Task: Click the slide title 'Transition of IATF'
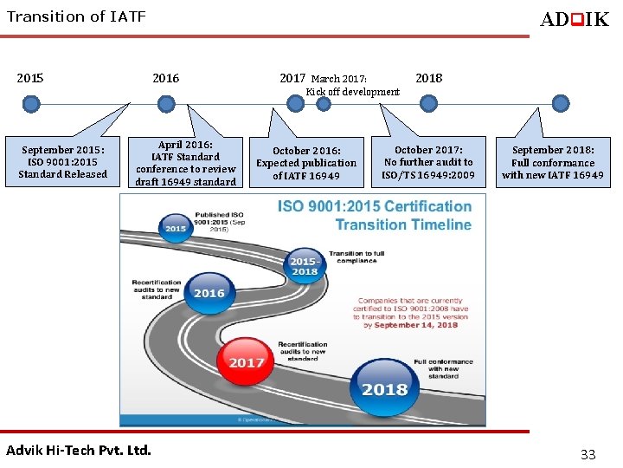76,16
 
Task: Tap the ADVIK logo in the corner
574,19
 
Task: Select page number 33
588,454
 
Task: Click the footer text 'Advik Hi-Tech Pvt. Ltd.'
79,450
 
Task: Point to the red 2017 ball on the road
247,361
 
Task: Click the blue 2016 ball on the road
209,292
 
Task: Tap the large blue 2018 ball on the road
384,387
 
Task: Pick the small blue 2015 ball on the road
176,228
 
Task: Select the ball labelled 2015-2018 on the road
303,264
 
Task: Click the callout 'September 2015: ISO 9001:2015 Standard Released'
62,162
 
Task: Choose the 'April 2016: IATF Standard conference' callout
186,163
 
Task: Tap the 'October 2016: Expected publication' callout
306,163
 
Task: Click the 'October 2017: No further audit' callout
428,162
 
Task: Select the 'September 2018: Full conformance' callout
553,162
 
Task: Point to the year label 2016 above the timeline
165,78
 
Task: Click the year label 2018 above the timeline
428,78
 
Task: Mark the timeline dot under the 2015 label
32,104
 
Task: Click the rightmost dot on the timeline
561,104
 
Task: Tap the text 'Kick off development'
353,92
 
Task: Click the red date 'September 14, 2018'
411,324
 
